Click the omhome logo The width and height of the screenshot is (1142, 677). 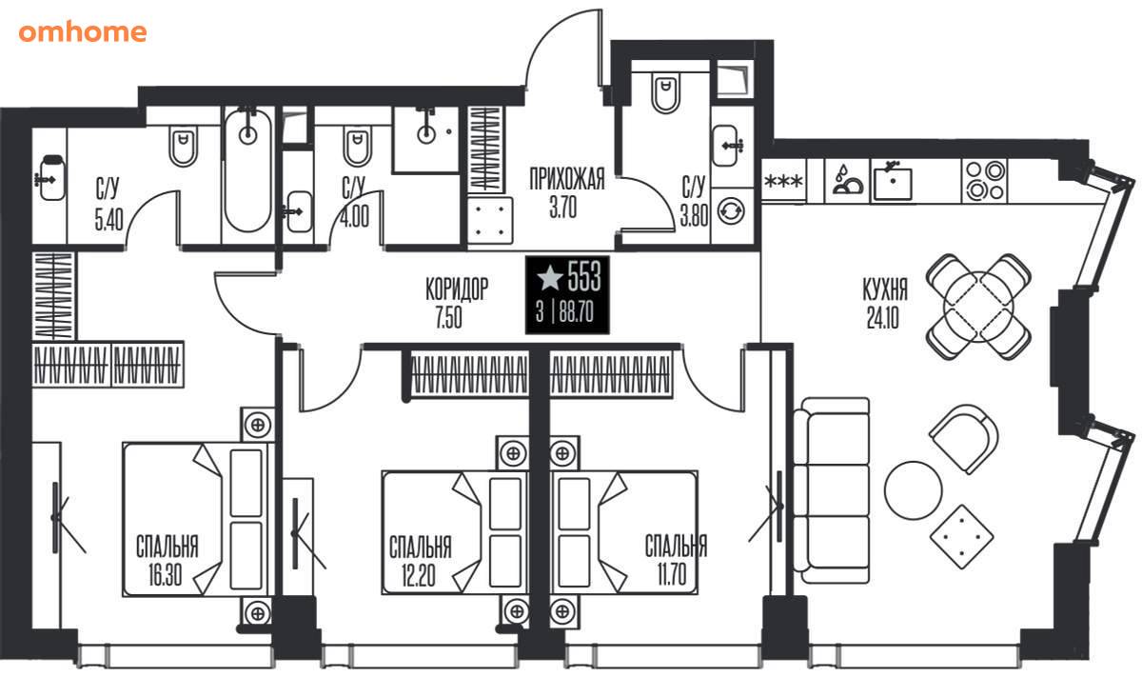click(x=83, y=32)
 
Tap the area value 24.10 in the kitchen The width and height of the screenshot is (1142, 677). click(x=882, y=318)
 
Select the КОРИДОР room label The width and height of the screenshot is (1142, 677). click(x=457, y=289)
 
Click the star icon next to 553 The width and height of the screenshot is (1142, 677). click(x=550, y=278)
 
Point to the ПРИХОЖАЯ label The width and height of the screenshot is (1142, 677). click(x=567, y=179)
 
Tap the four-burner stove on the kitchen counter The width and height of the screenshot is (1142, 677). click(x=986, y=182)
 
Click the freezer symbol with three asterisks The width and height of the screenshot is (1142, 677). click(x=783, y=181)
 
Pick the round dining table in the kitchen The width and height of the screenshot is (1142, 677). click(x=978, y=307)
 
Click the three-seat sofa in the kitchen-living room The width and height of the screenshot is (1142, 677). click(x=832, y=490)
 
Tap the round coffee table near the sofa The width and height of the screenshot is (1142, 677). click(x=913, y=490)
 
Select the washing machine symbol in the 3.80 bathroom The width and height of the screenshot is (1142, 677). click(x=731, y=210)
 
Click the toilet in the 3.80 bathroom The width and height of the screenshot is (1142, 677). click(x=665, y=94)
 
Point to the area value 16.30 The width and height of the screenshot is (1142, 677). click(x=165, y=574)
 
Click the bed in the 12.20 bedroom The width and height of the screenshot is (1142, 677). click(x=454, y=532)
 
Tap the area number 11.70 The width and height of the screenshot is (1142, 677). click(x=672, y=573)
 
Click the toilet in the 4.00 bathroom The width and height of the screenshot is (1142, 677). click(x=358, y=147)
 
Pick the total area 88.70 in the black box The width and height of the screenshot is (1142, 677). click(x=576, y=311)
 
